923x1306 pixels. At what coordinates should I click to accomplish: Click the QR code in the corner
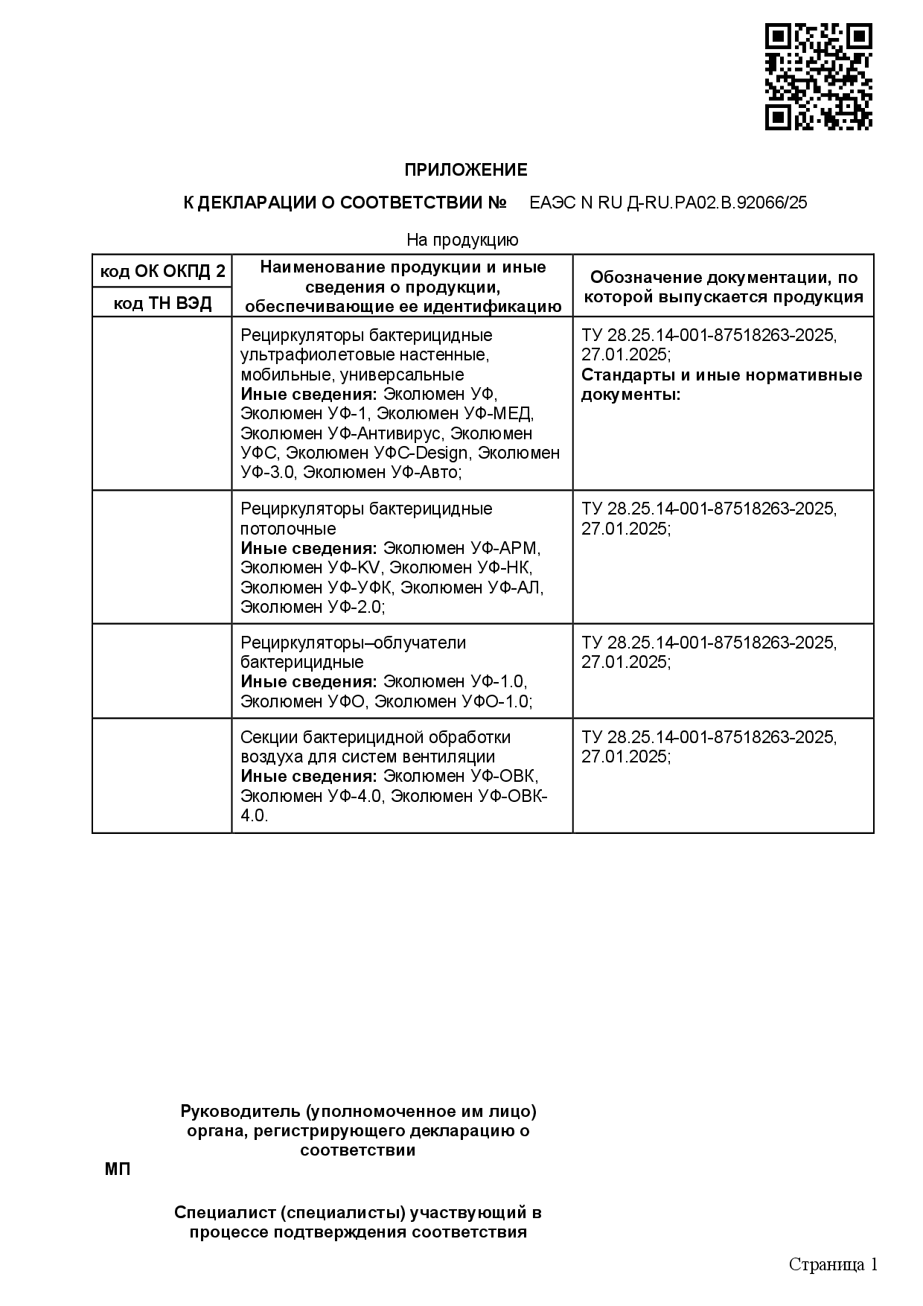pos(818,77)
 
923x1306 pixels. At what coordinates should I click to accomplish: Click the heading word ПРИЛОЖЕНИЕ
pos(465,171)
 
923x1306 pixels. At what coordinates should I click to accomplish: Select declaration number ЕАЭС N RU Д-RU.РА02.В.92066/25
pos(668,203)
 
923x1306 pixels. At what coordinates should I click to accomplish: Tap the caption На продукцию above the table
pos(462,240)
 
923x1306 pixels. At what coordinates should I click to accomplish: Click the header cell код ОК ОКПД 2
pos(162,272)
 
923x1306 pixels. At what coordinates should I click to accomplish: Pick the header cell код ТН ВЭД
pos(162,303)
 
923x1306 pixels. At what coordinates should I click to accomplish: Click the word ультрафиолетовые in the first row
pos(304,355)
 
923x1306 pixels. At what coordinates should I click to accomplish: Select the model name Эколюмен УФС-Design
pos(377,453)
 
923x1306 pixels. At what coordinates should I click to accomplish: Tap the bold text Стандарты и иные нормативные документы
pos(721,384)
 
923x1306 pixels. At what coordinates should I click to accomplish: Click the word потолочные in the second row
pos(288,529)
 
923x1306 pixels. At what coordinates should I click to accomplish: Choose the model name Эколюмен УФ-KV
pos(310,568)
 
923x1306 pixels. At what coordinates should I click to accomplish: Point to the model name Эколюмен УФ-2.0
pos(312,608)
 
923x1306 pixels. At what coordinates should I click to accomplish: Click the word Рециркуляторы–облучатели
pos(353,643)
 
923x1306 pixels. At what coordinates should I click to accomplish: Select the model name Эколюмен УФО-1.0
pos(453,701)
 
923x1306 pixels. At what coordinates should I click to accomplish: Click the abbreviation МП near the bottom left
pos(117,1169)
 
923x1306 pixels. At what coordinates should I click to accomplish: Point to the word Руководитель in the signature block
pos(240,1112)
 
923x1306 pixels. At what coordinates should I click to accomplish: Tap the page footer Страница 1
pos(833,1265)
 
